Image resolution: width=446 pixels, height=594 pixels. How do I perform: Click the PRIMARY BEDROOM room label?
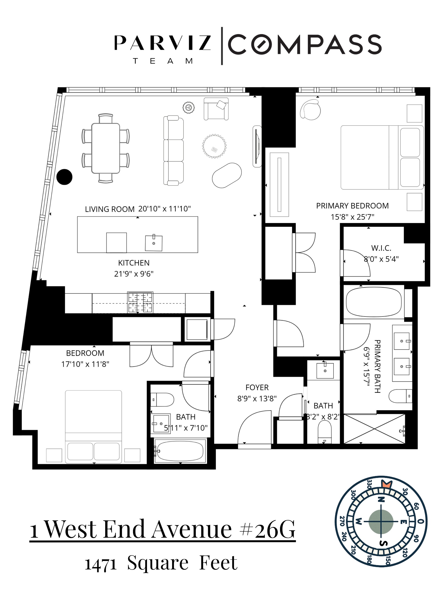point(352,206)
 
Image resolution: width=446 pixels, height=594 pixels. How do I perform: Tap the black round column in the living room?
point(64,177)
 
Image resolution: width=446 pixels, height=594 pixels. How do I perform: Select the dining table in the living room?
point(106,148)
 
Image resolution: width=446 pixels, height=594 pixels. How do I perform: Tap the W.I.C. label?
point(381,248)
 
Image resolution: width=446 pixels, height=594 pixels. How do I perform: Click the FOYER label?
point(257,387)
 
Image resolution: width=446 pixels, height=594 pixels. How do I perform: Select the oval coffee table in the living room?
point(227,175)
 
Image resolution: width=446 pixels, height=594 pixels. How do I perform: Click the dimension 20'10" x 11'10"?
point(164,209)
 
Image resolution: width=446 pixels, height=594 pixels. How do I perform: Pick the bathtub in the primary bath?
point(374,302)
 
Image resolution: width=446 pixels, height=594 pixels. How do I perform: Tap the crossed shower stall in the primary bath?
point(374,429)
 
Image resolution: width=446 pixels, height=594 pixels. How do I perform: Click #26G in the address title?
point(268,529)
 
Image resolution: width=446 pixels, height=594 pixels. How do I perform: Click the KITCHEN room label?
point(134,263)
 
